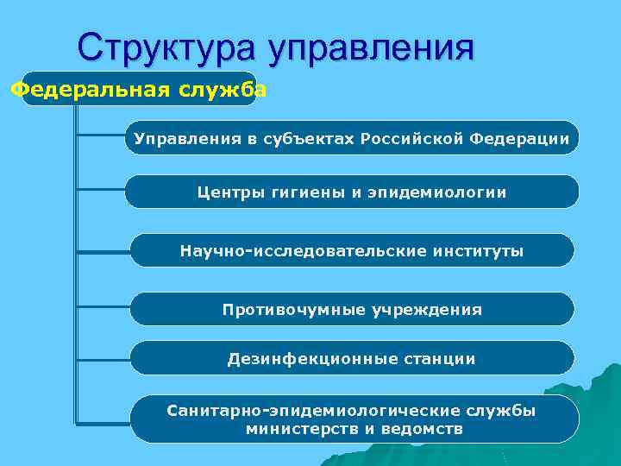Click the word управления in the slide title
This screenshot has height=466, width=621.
[371, 48]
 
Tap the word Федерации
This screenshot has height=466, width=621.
[520, 138]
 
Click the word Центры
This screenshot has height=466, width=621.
[228, 192]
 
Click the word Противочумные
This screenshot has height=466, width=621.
[293, 309]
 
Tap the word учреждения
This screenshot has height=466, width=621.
[427, 309]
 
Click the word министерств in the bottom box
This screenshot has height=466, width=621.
[294, 428]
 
